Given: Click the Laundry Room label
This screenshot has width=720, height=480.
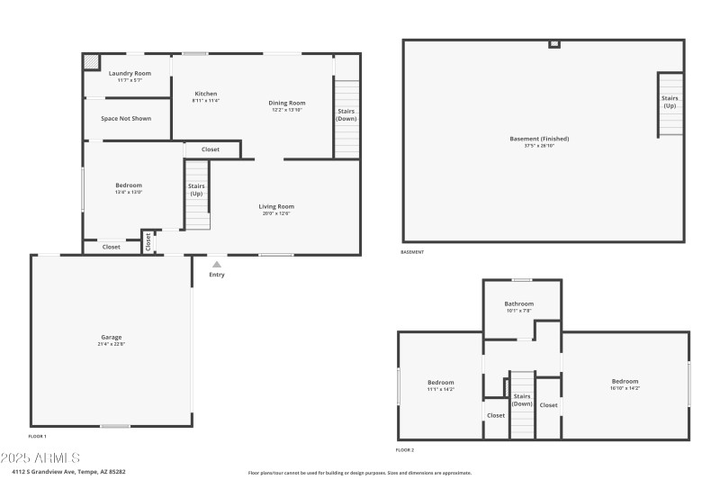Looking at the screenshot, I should point(130,73).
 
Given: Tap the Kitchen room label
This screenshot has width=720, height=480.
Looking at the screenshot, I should point(206,94).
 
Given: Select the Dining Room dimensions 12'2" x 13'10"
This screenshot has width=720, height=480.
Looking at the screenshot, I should point(287,110).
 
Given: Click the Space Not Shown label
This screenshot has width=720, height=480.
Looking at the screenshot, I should point(126,118).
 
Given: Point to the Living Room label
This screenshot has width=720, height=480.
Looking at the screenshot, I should point(276,206).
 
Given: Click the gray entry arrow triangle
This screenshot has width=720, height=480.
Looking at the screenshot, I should point(216,265).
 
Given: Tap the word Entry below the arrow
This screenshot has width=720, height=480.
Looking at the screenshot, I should point(217,275).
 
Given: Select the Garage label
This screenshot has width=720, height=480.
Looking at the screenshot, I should point(111,338).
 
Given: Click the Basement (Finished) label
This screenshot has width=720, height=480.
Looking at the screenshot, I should point(539,139).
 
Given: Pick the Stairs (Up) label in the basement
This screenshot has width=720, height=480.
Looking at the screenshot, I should point(670,102).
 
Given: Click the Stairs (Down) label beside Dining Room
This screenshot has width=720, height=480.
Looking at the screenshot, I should point(346,115).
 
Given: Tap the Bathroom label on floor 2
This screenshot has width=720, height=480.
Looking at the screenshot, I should point(518,303).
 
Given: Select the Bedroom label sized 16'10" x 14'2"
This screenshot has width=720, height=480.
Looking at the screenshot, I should point(625,381).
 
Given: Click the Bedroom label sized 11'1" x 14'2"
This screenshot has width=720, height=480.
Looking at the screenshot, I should point(441,382).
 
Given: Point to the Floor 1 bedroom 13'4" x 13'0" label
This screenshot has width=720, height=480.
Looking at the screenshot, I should point(129,186).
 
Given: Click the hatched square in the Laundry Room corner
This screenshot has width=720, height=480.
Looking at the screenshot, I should point(92,61).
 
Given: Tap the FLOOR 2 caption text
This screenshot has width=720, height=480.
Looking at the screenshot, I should point(405,449).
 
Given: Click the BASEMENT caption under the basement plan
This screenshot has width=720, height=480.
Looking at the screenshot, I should point(412,252).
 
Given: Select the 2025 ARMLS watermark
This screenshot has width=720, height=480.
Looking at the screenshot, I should point(40,457).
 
